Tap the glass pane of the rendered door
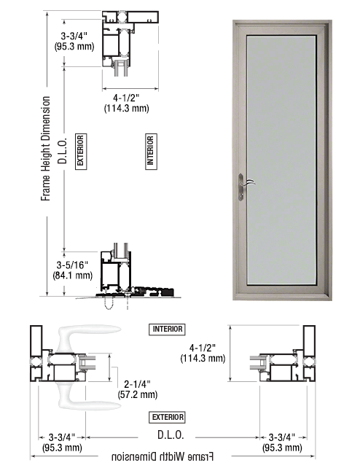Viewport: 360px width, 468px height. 281,160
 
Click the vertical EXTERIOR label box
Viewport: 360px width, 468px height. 81,152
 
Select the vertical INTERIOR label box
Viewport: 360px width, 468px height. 151,152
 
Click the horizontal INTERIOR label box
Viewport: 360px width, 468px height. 168,329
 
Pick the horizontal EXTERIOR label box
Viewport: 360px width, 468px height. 168,417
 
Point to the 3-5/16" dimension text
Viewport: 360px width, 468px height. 72,265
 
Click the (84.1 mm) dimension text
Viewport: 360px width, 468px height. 72,276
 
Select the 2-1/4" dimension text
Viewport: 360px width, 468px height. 137,384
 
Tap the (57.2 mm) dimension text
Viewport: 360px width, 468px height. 138,394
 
